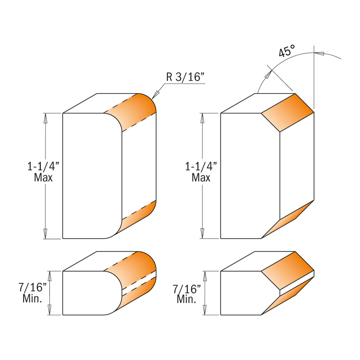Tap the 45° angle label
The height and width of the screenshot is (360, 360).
pos(287,52)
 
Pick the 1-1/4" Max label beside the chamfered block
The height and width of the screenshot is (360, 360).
pos(201,172)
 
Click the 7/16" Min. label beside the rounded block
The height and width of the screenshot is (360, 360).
pos(33,293)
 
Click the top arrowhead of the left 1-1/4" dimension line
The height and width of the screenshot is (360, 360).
pos(46,117)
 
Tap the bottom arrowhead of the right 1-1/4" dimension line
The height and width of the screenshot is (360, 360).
pos(203,234)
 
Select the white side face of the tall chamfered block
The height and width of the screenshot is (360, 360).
pos(297,166)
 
